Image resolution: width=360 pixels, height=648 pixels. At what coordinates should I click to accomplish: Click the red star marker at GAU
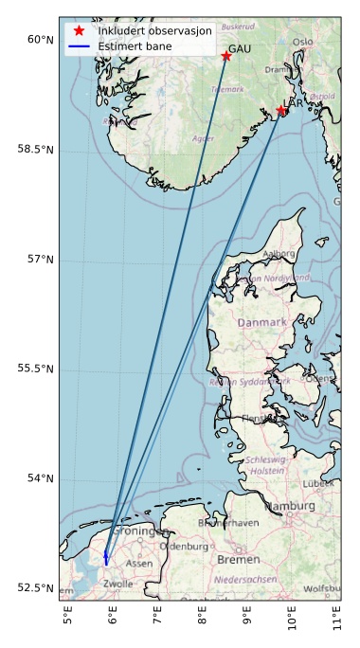[226, 56]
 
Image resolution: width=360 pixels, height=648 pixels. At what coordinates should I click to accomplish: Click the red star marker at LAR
[281, 111]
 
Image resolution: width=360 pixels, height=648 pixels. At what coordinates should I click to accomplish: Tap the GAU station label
[240, 47]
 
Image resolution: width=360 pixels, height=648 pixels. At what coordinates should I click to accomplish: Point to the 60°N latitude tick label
[41, 39]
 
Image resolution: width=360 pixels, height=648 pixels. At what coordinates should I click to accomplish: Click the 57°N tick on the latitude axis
[41, 259]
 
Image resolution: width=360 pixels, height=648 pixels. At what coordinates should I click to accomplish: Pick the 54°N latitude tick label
[41, 478]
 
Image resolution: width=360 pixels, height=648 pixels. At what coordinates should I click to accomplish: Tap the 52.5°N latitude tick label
[35, 588]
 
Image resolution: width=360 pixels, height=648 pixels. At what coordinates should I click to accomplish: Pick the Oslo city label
[302, 42]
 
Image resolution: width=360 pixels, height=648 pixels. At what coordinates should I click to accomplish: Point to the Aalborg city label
[279, 254]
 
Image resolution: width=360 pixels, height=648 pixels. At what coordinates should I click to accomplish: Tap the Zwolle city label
[117, 584]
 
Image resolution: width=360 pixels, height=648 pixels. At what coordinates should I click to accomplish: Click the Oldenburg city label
[184, 547]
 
